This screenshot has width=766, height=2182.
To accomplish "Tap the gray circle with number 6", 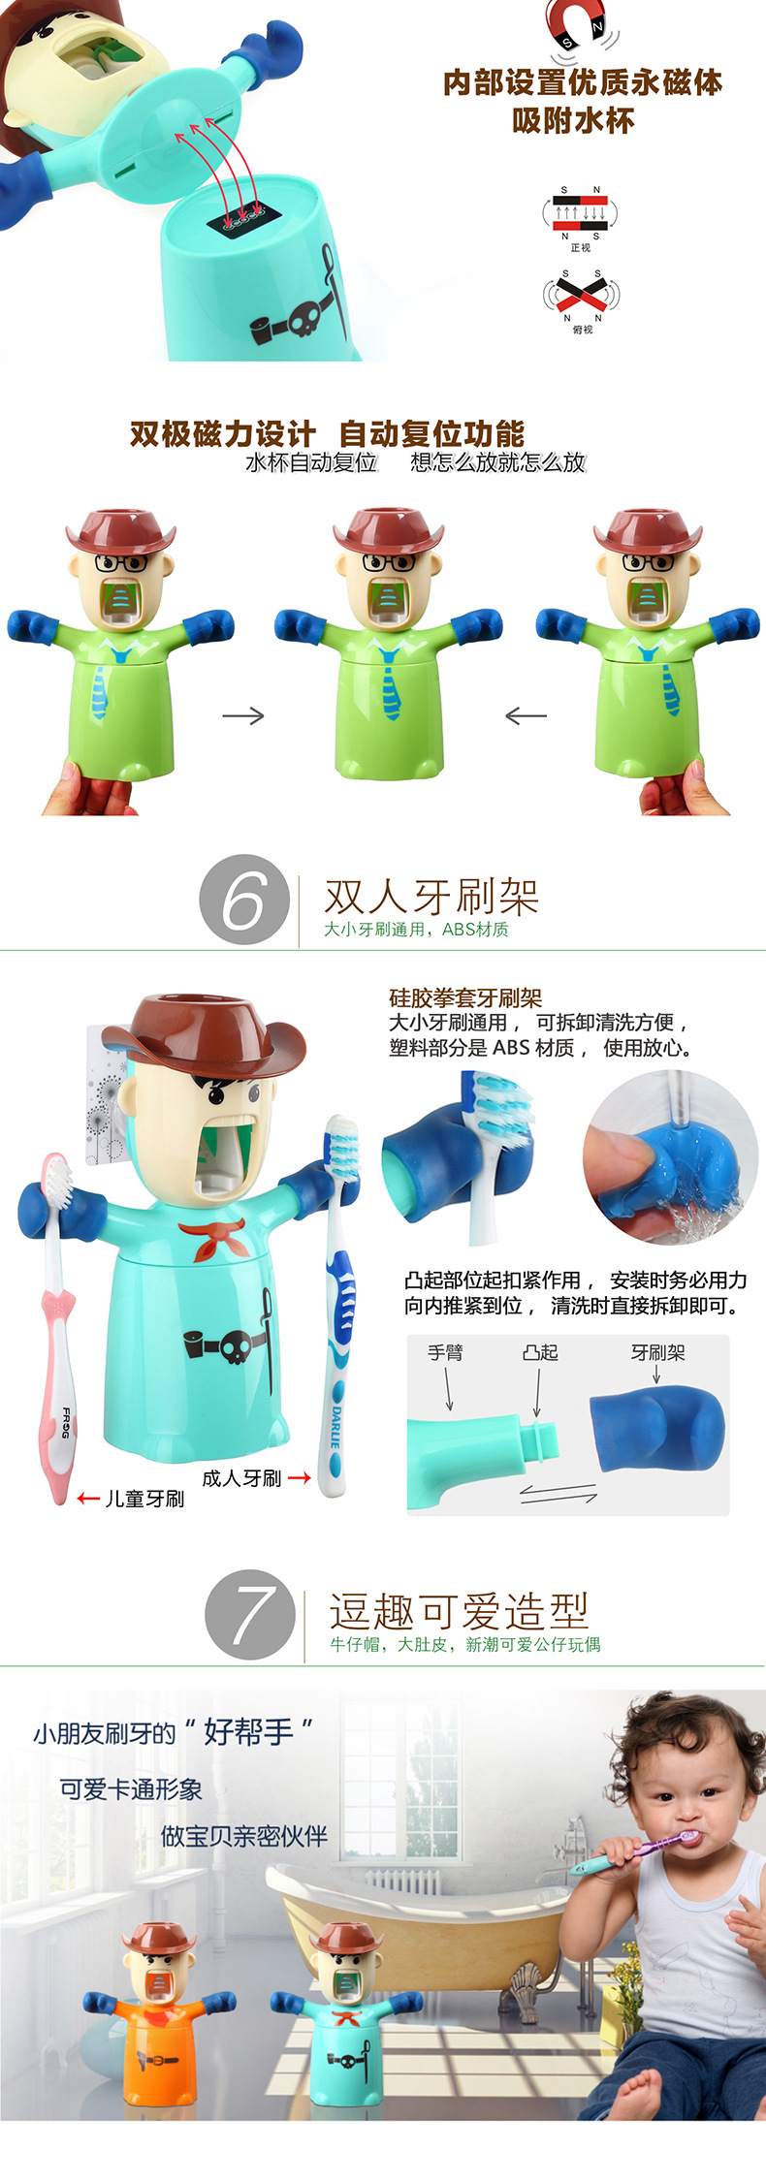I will [x=244, y=900].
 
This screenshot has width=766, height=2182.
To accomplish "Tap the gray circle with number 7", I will [x=250, y=1615].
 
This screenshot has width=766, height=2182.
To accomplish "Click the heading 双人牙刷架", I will [x=431, y=897].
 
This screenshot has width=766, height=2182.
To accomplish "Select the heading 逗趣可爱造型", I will [x=460, y=1611].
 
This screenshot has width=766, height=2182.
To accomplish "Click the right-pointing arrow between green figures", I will [x=243, y=715].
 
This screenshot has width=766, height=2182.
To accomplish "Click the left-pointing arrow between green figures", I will [x=526, y=715].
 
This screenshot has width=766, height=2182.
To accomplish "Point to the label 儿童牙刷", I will [x=144, y=1499].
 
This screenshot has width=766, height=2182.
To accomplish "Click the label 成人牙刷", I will [x=241, y=1478].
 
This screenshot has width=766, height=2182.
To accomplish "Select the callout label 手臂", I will [x=446, y=1352].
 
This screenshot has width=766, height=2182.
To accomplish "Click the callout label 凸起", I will [x=540, y=1352].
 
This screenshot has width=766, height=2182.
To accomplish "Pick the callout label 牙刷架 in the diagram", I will [x=657, y=1352].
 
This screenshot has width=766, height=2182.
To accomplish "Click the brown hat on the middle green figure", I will [x=388, y=529].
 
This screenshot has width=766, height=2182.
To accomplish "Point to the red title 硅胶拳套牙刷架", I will [x=465, y=998].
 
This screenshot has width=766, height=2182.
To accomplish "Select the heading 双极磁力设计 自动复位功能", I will [x=327, y=433].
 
